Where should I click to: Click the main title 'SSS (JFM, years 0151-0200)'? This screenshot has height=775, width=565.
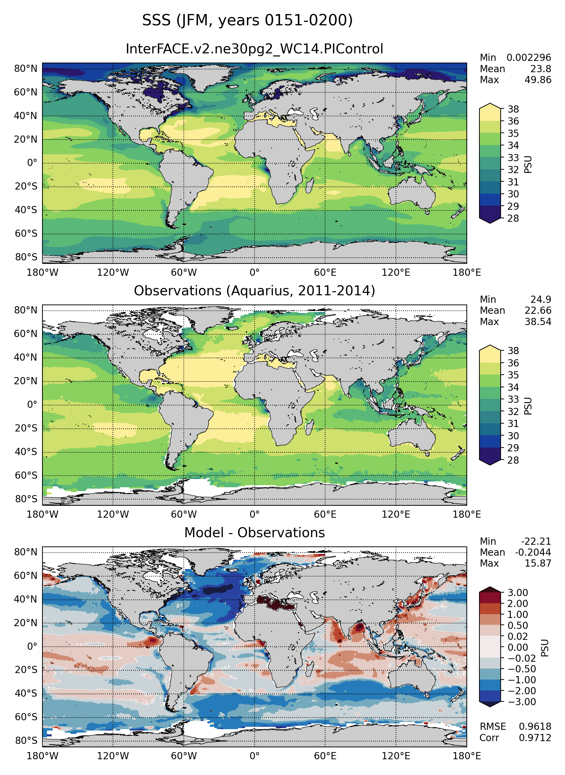point(247,21)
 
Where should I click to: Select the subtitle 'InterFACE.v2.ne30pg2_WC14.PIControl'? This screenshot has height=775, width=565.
point(254,49)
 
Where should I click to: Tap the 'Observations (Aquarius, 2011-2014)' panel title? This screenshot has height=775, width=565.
point(254,291)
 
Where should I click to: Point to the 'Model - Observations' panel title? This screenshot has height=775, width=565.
point(254,533)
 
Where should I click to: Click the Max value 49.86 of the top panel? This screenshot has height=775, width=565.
point(538,80)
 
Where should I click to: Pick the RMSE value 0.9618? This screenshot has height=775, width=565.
point(535,726)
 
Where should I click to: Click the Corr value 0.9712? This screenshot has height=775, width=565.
point(535,738)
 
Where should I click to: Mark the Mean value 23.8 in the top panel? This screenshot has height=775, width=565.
point(541,69)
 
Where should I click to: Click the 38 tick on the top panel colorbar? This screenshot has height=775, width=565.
point(513,109)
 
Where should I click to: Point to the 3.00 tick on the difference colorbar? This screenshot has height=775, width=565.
point(517,593)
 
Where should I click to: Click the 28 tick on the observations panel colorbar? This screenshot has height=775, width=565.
point(513,460)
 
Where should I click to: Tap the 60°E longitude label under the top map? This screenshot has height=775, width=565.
point(325,273)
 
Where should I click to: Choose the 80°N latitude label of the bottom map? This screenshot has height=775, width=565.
point(26,552)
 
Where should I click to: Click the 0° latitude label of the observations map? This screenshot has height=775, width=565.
point(32,405)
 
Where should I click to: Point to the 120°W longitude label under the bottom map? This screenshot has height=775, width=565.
point(113,755)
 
